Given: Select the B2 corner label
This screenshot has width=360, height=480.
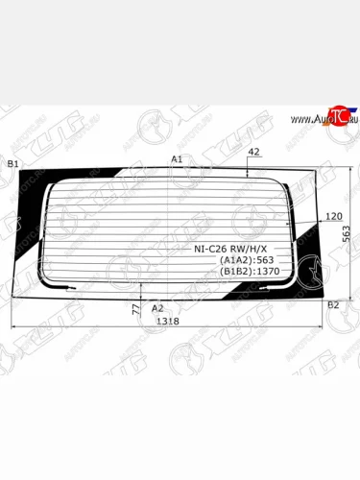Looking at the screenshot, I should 333,304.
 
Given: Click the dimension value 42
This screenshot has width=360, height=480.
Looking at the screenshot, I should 253,153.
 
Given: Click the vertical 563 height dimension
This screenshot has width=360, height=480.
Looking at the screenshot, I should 347,233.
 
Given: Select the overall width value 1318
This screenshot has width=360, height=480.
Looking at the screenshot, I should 166,324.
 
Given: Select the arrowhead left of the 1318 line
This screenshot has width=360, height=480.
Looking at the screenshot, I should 13,329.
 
